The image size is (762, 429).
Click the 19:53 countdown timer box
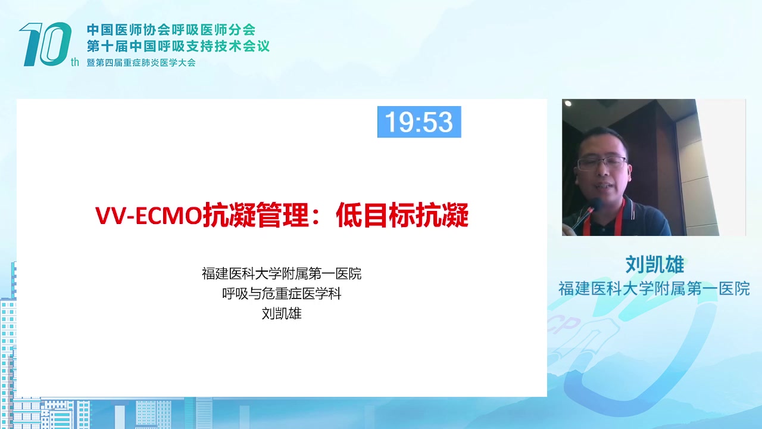(x=419, y=122)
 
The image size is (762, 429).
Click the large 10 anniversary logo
(x=46, y=44)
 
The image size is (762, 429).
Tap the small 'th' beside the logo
(x=75, y=62)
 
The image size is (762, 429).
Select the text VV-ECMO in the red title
(x=148, y=216)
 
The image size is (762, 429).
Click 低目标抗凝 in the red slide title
(x=402, y=215)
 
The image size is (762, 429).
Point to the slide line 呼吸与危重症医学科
(x=282, y=294)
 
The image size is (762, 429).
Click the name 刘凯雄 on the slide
(x=282, y=313)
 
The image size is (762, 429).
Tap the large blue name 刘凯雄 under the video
(x=654, y=265)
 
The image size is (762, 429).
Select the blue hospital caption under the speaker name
(x=654, y=289)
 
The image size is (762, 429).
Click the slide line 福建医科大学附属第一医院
(x=282, y=273)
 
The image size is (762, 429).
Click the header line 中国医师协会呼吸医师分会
(x=171, y=30)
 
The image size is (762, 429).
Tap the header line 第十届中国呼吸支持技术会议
(x=178, y=46)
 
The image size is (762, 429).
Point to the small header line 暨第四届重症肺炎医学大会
(x=141, y=63)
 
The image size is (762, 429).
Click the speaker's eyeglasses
(x=602, y=163)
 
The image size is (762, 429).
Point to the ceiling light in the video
(x=568, y=104)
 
